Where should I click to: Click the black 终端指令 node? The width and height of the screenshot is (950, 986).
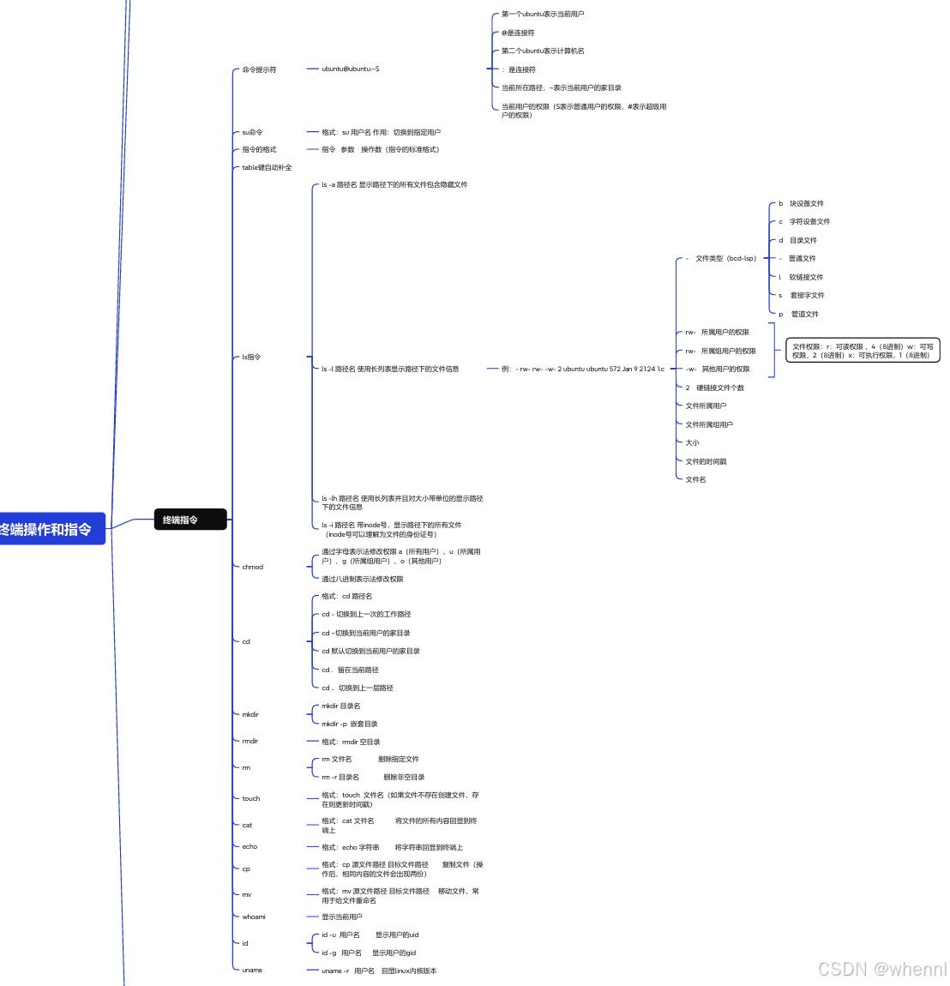[x=189, y=520]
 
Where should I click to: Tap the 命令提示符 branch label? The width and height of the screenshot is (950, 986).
[x=259, y=69]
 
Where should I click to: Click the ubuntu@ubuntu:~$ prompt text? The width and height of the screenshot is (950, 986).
[x=350, y=69]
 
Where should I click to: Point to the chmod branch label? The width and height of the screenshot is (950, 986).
[x=252, y=567]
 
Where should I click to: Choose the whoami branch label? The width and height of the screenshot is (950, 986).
[x=254, y=917]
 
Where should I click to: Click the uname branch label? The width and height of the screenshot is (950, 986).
[x=252, y=970]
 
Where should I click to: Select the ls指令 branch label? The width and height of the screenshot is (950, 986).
[x=251, y=357]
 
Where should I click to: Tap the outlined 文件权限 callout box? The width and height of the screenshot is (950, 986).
[x=863, y=351]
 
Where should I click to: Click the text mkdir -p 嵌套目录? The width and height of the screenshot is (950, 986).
[x=349, y=724]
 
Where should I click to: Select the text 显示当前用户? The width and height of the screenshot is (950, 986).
[x=341, y=917]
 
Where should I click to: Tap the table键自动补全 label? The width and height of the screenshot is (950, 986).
[x=267, y=167]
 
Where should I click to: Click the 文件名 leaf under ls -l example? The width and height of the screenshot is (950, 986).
[x=695, y=479]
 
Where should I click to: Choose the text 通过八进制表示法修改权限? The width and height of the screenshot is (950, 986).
[x=362, y=579]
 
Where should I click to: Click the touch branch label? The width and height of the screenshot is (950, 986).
[x=250, y=798]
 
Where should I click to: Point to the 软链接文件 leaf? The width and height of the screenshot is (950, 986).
[x=806, y=277]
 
